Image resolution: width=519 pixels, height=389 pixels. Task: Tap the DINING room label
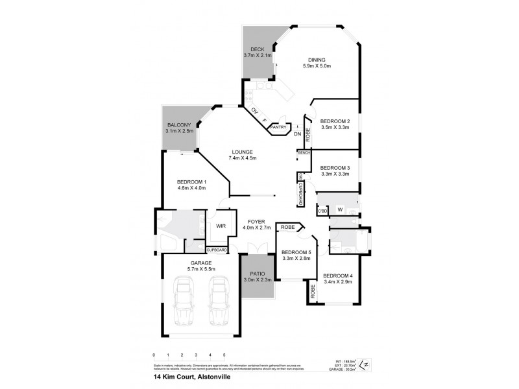pos(317,60)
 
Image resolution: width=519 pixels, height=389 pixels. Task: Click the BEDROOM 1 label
pos(191,182)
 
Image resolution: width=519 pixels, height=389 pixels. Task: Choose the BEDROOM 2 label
pos(335,121)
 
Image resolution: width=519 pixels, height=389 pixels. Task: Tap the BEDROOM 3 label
pos(335,167)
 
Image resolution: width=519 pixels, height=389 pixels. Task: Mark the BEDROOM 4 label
pos(337,275)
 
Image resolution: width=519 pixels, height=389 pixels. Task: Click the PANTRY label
pos(279,127)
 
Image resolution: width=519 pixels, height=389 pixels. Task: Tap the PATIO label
pos(256,275)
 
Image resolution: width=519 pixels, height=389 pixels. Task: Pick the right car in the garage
pos(219,302)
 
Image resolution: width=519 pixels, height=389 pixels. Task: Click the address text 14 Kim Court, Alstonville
pos(189,377)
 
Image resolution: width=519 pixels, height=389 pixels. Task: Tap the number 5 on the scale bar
pos(224,355)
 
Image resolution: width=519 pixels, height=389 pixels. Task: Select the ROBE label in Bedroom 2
pos(308,135)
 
